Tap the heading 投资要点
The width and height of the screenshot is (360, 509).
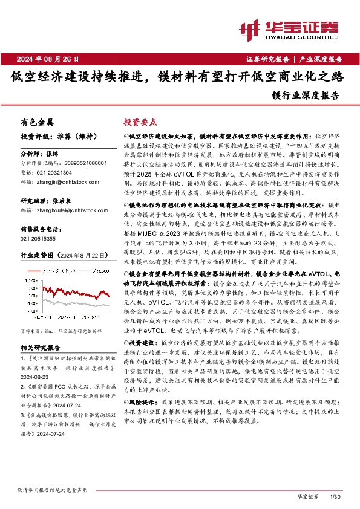pyautogui.click(x=140, y=122)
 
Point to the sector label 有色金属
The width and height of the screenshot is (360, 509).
pyautogui.click(x=37, y=122)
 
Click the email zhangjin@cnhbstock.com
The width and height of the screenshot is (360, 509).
pyautogui.click(x=65, y=180)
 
